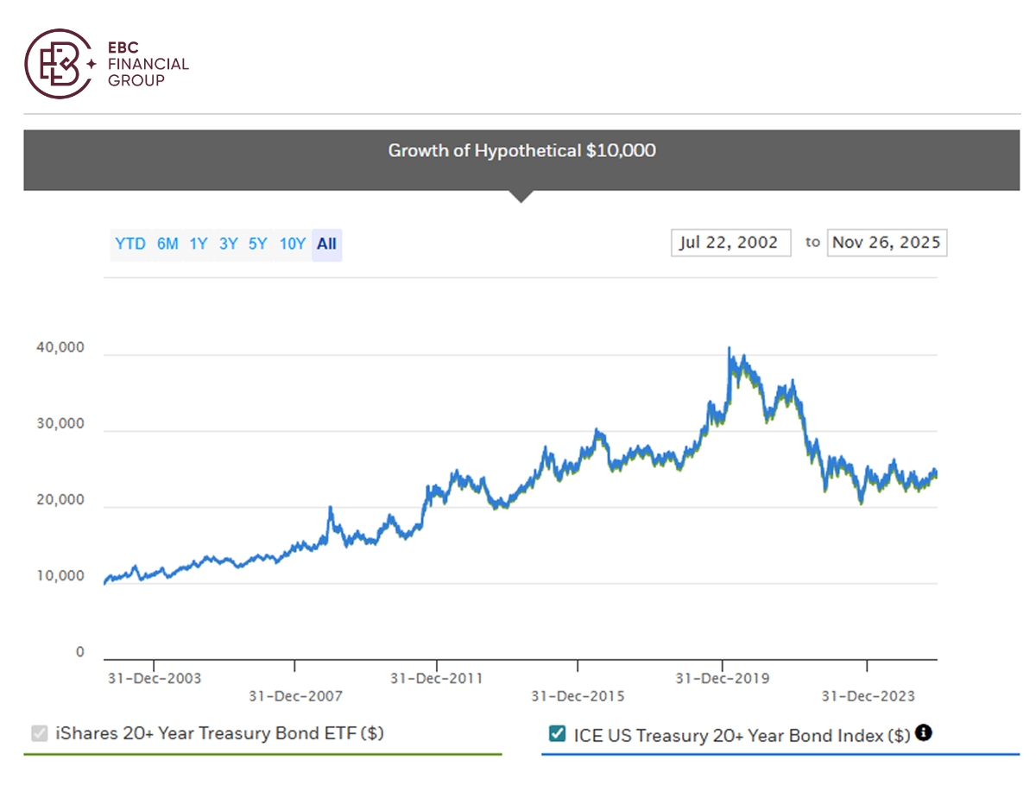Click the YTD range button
tap(129, 244)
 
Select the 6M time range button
tap(167, 244)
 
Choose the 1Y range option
tap(199, 244)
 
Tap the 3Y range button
tap(228, 244)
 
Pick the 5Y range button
tap(257, 244)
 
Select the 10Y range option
tap(292, 244)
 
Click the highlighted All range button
tap(326, 244)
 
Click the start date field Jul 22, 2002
tap(730, 242)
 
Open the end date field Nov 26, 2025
tap(887, 242)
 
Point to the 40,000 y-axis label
tap(60, 347)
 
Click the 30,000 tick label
tap(60, 423)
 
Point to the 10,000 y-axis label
tap(60, 576)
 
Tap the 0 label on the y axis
tap(79, 652)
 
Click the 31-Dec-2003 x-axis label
tap(155, 678)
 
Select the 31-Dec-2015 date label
tap(578, 696)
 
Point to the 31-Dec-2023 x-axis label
tap(868, 696)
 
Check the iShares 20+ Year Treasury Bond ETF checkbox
tap(40, 733)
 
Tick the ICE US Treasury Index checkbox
tap(557, 733)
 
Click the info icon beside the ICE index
tap(923, 732)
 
